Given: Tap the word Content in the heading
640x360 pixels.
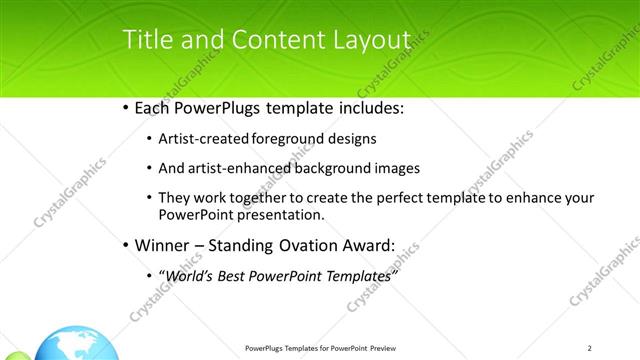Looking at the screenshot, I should [274, 40].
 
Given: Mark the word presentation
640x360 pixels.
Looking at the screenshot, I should [282, 214].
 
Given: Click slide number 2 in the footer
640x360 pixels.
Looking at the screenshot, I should [590, 348].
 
